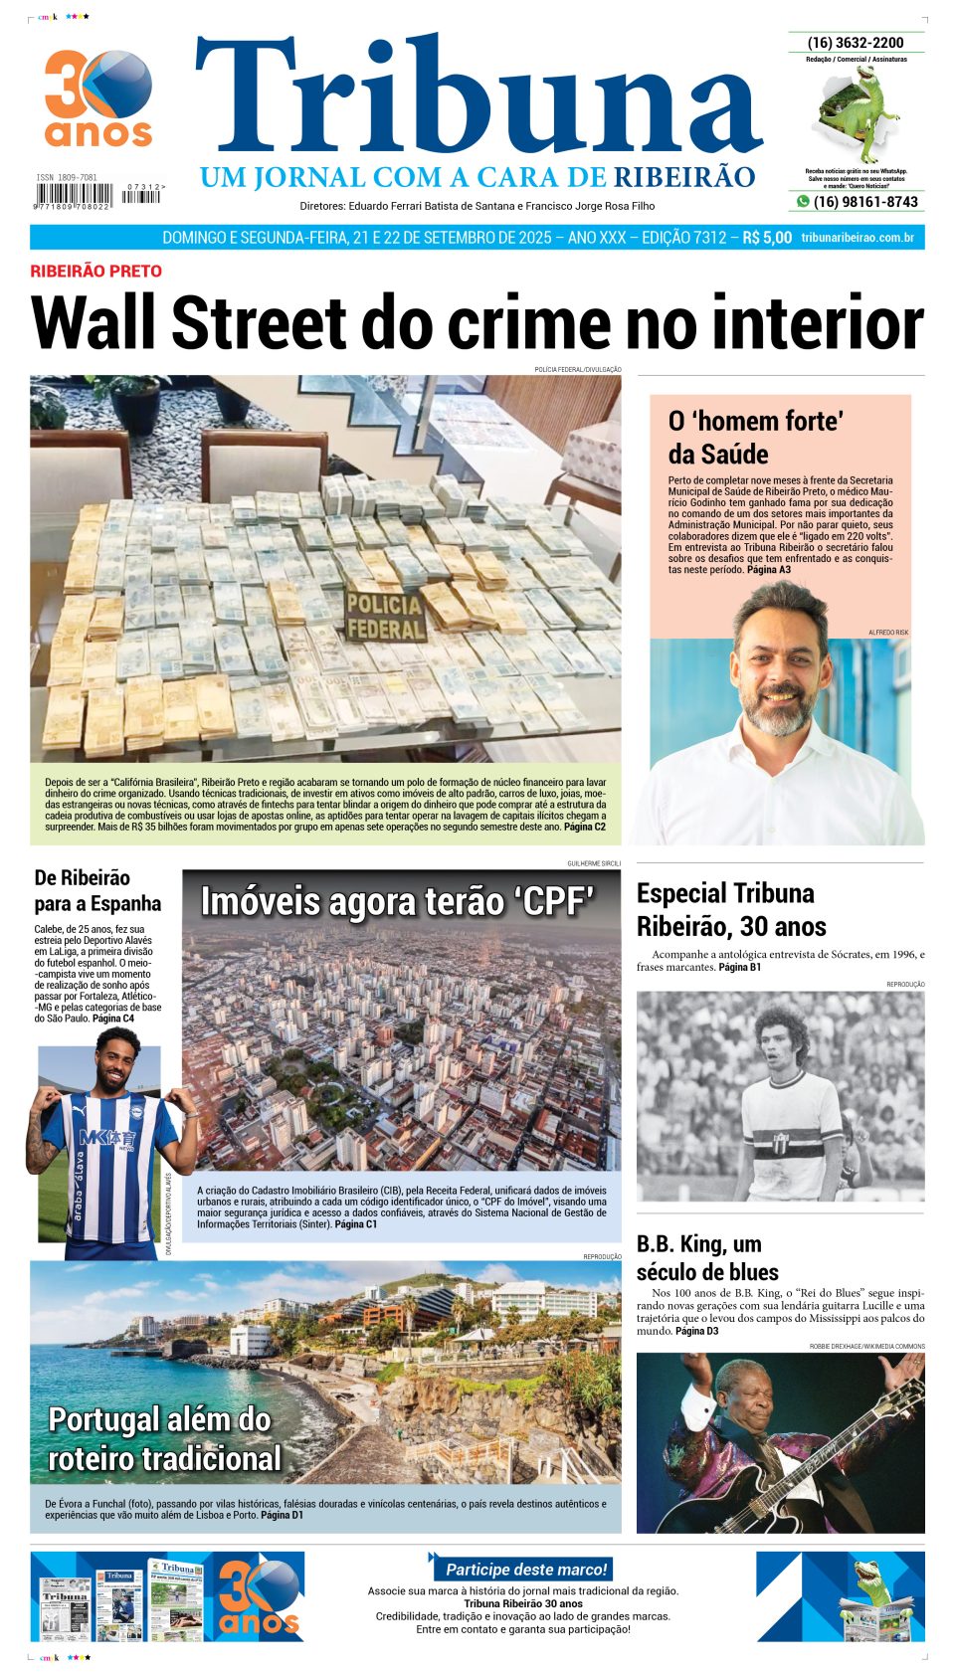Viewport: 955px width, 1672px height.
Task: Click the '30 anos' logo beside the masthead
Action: [x=98, y=98]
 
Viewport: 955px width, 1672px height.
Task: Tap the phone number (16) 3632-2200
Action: [x=856, y=43]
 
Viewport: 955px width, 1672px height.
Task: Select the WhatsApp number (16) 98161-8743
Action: [x=864, y=202]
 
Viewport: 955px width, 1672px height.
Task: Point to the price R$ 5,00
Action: [x=767, y=238]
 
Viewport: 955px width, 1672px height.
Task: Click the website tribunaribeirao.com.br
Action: [x=857, y=238]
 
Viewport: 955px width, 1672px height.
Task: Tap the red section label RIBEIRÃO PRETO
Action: [x=95, y=271]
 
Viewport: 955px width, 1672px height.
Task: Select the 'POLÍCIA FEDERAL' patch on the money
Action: [x=384, y=617]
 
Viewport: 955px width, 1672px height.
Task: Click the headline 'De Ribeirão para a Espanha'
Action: [x=97, y=890]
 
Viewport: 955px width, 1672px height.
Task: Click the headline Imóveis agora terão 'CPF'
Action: [x=397, y=902]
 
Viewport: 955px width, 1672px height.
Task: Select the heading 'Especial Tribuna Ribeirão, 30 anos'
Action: [x=731, y=909]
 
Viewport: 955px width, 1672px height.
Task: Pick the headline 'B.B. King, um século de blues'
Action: [x=707, y=1257]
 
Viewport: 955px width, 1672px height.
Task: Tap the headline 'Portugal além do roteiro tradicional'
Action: [x=165, y=1438]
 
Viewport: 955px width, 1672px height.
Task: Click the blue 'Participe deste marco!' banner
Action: [x=524, y=1569]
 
